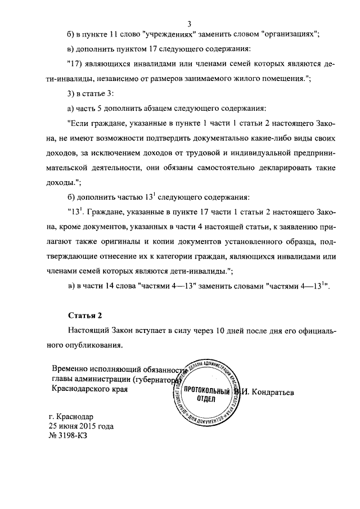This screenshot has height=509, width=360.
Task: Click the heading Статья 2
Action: click(84, 316)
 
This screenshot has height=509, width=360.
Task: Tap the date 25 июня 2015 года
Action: click(81, 426)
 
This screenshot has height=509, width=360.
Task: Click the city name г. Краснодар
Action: click(71, 417)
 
